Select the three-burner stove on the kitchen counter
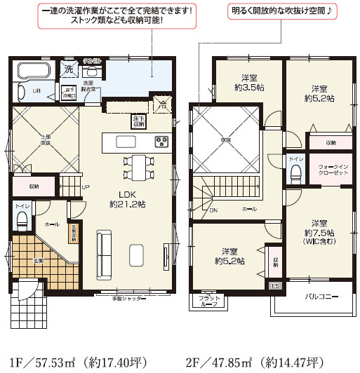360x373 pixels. click(x=162, y=142)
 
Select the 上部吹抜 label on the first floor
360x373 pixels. click(x=44, y=139)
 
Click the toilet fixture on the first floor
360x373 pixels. click(x=21, y=220)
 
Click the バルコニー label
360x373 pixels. click(x=322, y=297)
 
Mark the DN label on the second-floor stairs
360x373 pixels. click(x=214, y=209)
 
